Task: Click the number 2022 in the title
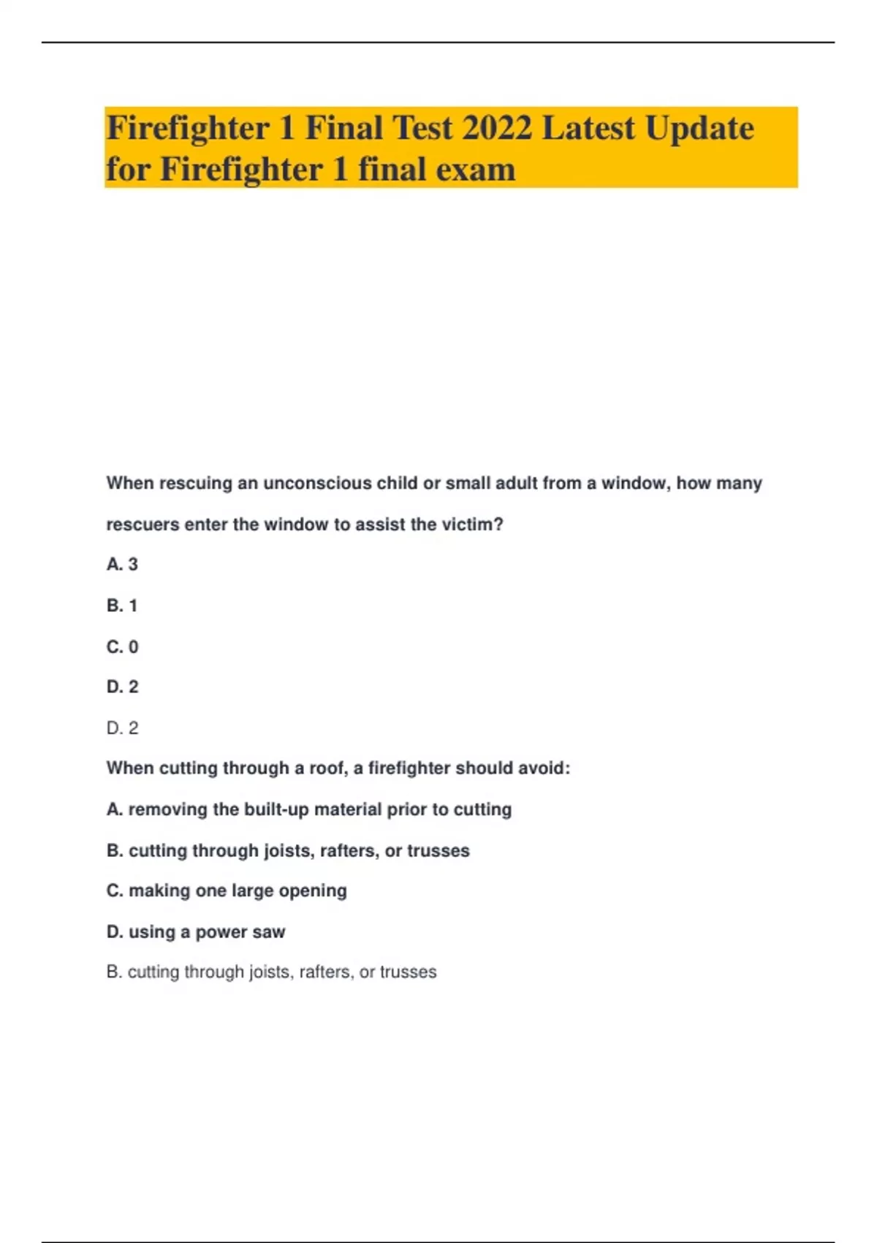coord(497,128)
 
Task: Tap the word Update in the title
coord(699,128)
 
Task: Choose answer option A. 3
coord(122,564)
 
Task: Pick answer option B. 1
coord(122,605)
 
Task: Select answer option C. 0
coord(122,646)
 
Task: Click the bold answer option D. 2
coord(122,687)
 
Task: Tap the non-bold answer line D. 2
coord(122,728)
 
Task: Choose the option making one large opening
coord(227,891)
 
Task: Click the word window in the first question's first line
coord(633,483)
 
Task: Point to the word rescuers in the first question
coord(143,524)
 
